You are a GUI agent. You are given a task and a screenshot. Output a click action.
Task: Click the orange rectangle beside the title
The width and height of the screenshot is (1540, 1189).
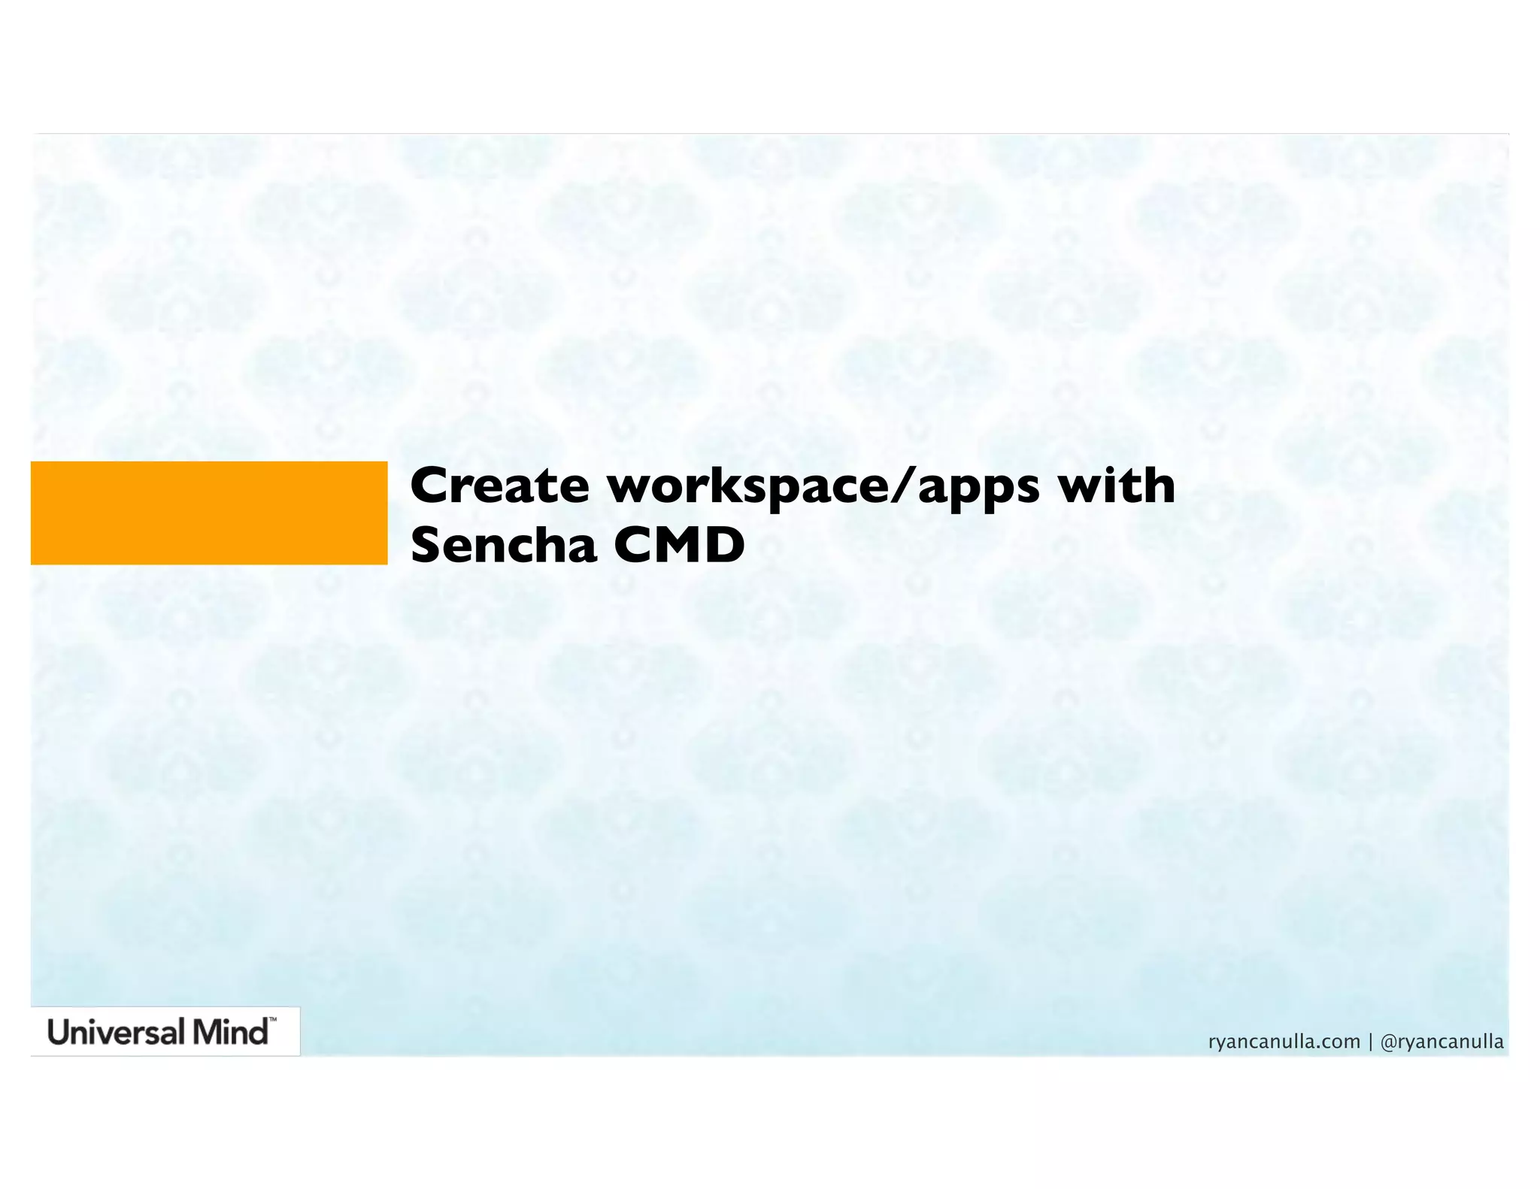[209, 513]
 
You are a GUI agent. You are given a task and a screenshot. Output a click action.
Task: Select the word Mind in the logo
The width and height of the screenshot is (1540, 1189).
[229, 1032]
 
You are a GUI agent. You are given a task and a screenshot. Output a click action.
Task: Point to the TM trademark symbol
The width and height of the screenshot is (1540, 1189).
[272, 1021]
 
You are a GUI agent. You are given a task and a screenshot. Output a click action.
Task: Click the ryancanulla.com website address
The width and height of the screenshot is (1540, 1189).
[1284, 1042]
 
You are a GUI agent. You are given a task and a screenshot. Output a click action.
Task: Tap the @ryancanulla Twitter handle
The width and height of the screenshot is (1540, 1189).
[1442, 1042]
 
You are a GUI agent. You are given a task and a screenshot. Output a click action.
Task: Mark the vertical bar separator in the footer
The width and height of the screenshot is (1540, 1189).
[1371, 1042]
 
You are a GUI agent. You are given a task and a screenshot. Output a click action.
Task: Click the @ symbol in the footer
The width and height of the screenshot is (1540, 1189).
[1389, 1042]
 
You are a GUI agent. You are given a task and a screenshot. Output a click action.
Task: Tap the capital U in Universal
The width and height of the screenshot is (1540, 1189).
[59, 1032]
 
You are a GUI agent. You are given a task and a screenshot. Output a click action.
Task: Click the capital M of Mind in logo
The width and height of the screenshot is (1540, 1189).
[206, 1032]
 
